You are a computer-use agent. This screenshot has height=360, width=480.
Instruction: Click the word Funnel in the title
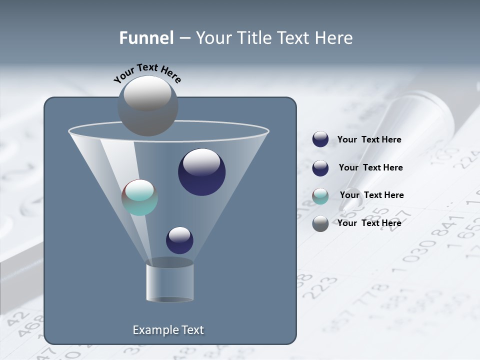coord(146,38)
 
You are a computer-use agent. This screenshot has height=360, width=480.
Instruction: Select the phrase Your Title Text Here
coord(274,38)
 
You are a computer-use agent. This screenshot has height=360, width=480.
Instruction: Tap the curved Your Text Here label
coord(147,73)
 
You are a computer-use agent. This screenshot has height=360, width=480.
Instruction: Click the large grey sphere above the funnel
coord(148,105)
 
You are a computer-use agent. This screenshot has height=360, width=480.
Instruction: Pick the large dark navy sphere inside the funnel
coord(201,171)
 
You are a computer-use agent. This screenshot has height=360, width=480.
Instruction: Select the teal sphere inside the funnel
coord(140,197)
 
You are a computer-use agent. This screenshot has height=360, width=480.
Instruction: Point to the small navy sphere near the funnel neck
coord(179,240)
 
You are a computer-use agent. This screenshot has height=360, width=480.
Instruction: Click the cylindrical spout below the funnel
coord(169,282)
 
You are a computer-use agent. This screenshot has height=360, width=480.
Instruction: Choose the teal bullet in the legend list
coord(320,196)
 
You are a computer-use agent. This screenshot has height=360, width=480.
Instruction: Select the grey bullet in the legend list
coord(320,223)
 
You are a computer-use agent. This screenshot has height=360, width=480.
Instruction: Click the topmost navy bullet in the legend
coord(320,139)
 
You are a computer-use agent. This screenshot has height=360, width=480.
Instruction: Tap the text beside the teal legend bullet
coord(371,195)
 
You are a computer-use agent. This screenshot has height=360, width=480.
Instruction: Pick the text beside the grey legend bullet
coord(369,223)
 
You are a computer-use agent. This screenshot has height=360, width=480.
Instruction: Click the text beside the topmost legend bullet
coord(369,139)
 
